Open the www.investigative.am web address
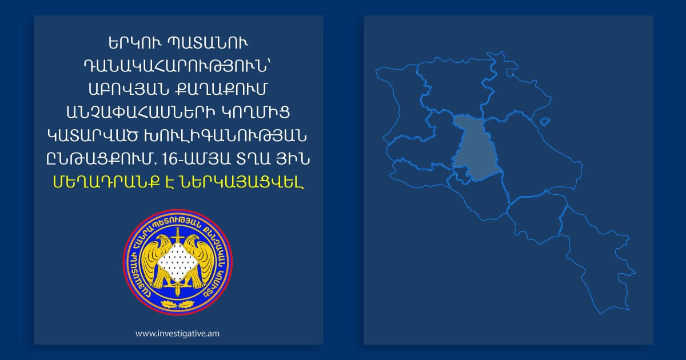(177, 333)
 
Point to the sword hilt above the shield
(178, 234)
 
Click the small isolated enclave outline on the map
(545, 121)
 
